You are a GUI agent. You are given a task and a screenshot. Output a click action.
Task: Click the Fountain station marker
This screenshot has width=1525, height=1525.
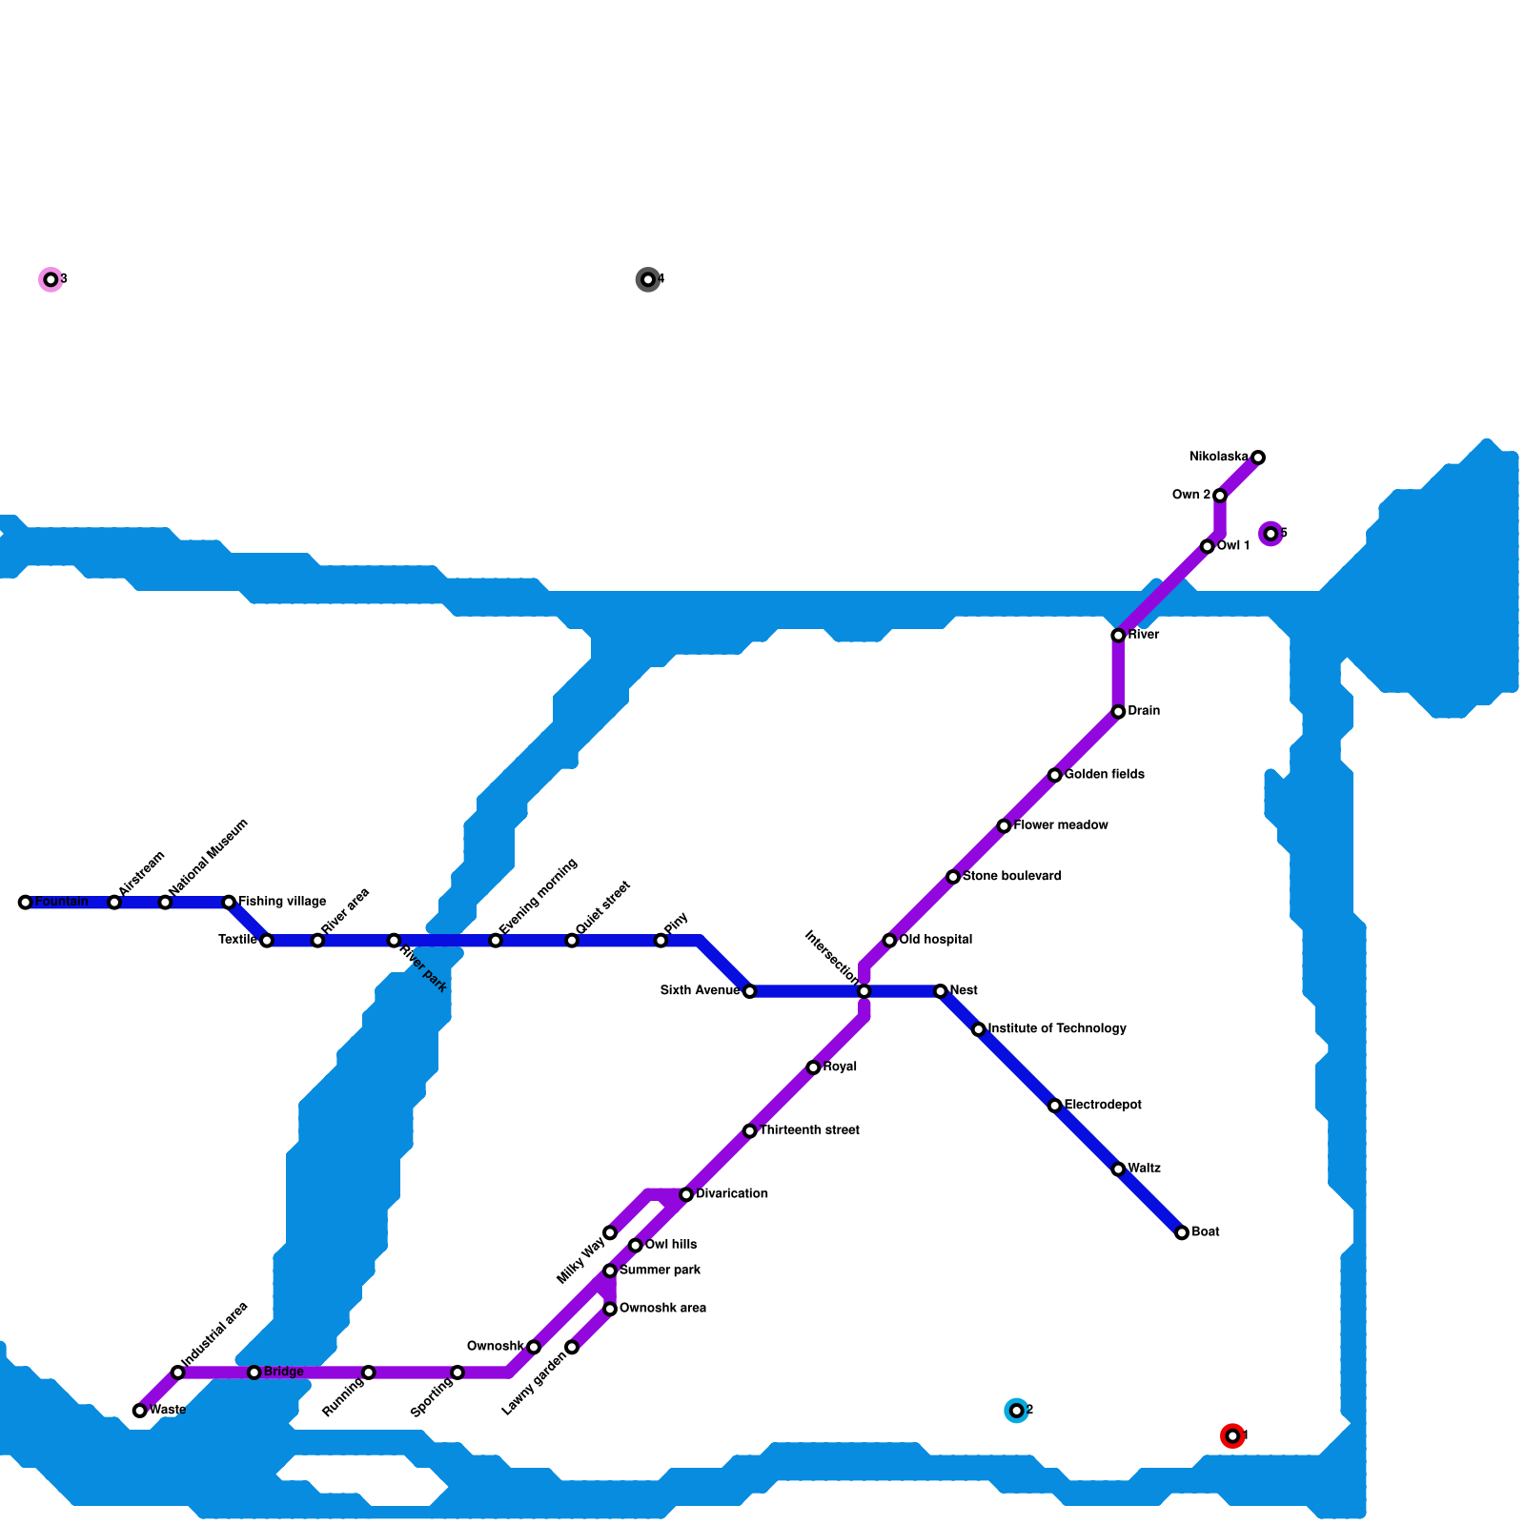tap(25, 902)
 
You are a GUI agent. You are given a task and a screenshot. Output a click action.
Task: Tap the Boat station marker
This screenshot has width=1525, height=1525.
tap(1182, 1232)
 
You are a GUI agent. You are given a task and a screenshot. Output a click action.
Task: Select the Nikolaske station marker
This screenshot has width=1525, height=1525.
tap(1258, 457)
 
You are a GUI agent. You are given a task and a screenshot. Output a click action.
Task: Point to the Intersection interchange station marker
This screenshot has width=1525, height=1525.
tap(864, 991)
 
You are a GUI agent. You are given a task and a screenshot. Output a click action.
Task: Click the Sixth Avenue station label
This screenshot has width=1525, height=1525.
tap(700, 991)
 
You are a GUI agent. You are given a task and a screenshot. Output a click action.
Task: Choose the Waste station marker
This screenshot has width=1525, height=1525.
tap(140, 1410)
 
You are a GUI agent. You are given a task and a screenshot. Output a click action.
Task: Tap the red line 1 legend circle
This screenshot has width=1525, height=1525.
tap(1232, 1435)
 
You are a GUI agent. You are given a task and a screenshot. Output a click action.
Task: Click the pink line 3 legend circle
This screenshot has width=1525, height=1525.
tap(51, 279)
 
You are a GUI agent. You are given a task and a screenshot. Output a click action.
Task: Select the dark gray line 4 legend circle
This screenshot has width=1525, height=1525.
tap(648, 279)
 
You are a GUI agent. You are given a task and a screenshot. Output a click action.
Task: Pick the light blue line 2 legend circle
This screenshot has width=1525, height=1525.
tap(1016, 1410)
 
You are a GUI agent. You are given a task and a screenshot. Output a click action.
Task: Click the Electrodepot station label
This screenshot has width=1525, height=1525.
tap(1103, 1105)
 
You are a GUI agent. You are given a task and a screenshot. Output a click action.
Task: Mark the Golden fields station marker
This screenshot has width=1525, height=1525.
tap(1054, 775)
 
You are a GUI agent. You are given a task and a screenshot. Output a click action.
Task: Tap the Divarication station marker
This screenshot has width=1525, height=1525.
tap(686, 1194)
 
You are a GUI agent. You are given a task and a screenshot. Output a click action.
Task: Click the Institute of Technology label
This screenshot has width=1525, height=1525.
tap(1057, 1028)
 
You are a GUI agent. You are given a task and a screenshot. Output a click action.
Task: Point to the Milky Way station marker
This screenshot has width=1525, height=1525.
tap(610, 1232)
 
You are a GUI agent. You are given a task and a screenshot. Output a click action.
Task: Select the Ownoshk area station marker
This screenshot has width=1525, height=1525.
tap(610, 1309)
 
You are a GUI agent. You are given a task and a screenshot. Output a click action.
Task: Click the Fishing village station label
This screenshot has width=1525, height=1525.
tap(282, 902)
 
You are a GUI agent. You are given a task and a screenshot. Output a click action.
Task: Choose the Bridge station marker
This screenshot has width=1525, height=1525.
tap(254, 1372)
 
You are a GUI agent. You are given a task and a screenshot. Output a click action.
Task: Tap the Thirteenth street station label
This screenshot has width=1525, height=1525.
tap(809, 1130)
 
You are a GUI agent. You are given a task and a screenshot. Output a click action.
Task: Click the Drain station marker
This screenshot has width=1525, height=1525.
tap(1118, 712)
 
